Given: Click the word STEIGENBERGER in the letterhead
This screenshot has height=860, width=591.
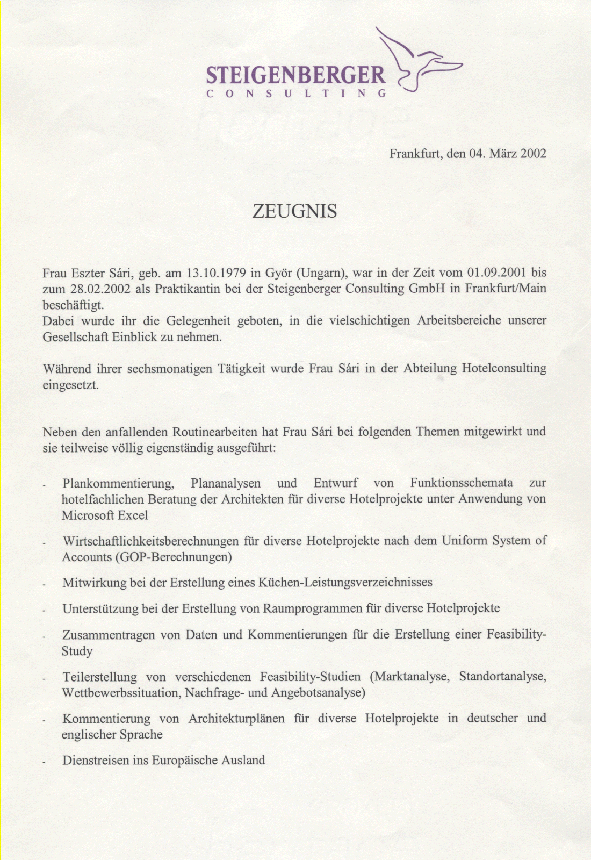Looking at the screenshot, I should (295, 75).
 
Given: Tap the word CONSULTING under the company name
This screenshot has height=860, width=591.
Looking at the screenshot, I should (296, 93).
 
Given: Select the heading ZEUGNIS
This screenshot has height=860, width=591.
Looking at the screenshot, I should (295, 211).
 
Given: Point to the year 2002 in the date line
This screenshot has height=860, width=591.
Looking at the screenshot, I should (533, 154).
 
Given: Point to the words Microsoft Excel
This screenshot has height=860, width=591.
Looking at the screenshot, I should (105, 515).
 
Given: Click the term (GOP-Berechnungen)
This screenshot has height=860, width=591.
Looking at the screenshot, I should (174, 557).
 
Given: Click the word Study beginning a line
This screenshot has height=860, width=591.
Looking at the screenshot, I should (77, 651).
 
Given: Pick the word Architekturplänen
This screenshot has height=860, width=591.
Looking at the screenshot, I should (236, 719).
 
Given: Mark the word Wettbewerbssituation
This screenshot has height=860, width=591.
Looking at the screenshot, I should (121, 693).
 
